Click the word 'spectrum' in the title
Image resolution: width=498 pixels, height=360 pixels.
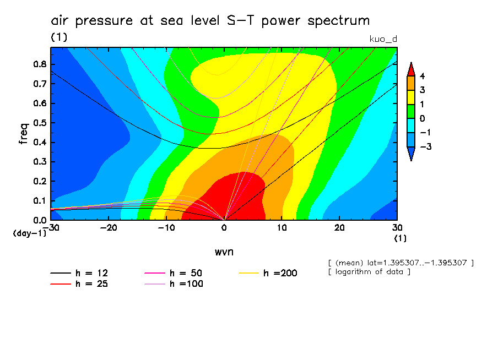[x=339, y=21]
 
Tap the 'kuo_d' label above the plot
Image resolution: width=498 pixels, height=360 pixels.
[x=382, y=38]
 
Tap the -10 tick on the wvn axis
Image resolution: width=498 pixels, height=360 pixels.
[x=166, y=228]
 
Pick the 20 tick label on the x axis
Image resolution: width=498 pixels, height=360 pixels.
[x=339, y=228]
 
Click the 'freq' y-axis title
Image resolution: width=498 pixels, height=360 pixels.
[x=23, y=134]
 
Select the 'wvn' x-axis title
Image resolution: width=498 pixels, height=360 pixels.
[x=224, y=252]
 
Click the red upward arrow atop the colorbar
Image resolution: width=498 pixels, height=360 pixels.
[x=410, y=69]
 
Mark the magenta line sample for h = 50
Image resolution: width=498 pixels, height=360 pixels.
[x=155, y=273]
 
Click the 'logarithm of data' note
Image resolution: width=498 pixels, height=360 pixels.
[x=369, y=272]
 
